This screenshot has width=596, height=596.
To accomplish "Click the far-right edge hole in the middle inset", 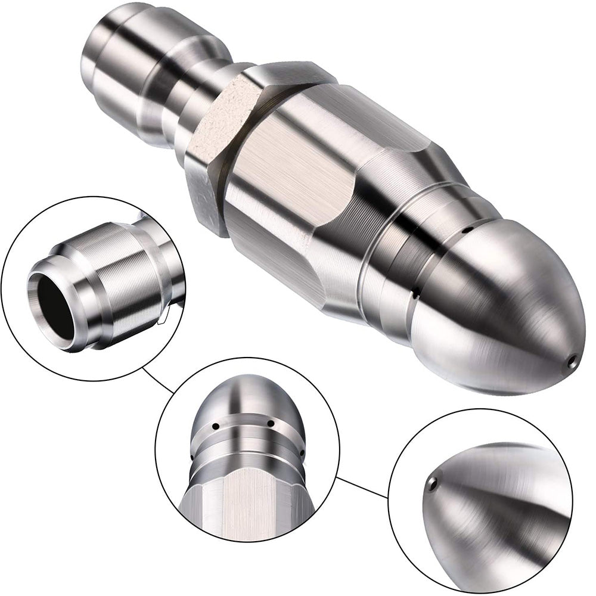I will pyautogui.click(x=303, y=454).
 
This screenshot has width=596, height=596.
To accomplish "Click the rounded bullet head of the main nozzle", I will pyautogui.click(x=507, y=310).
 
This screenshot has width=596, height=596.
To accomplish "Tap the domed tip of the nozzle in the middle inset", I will pyautogui.click(x=244, y=396).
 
